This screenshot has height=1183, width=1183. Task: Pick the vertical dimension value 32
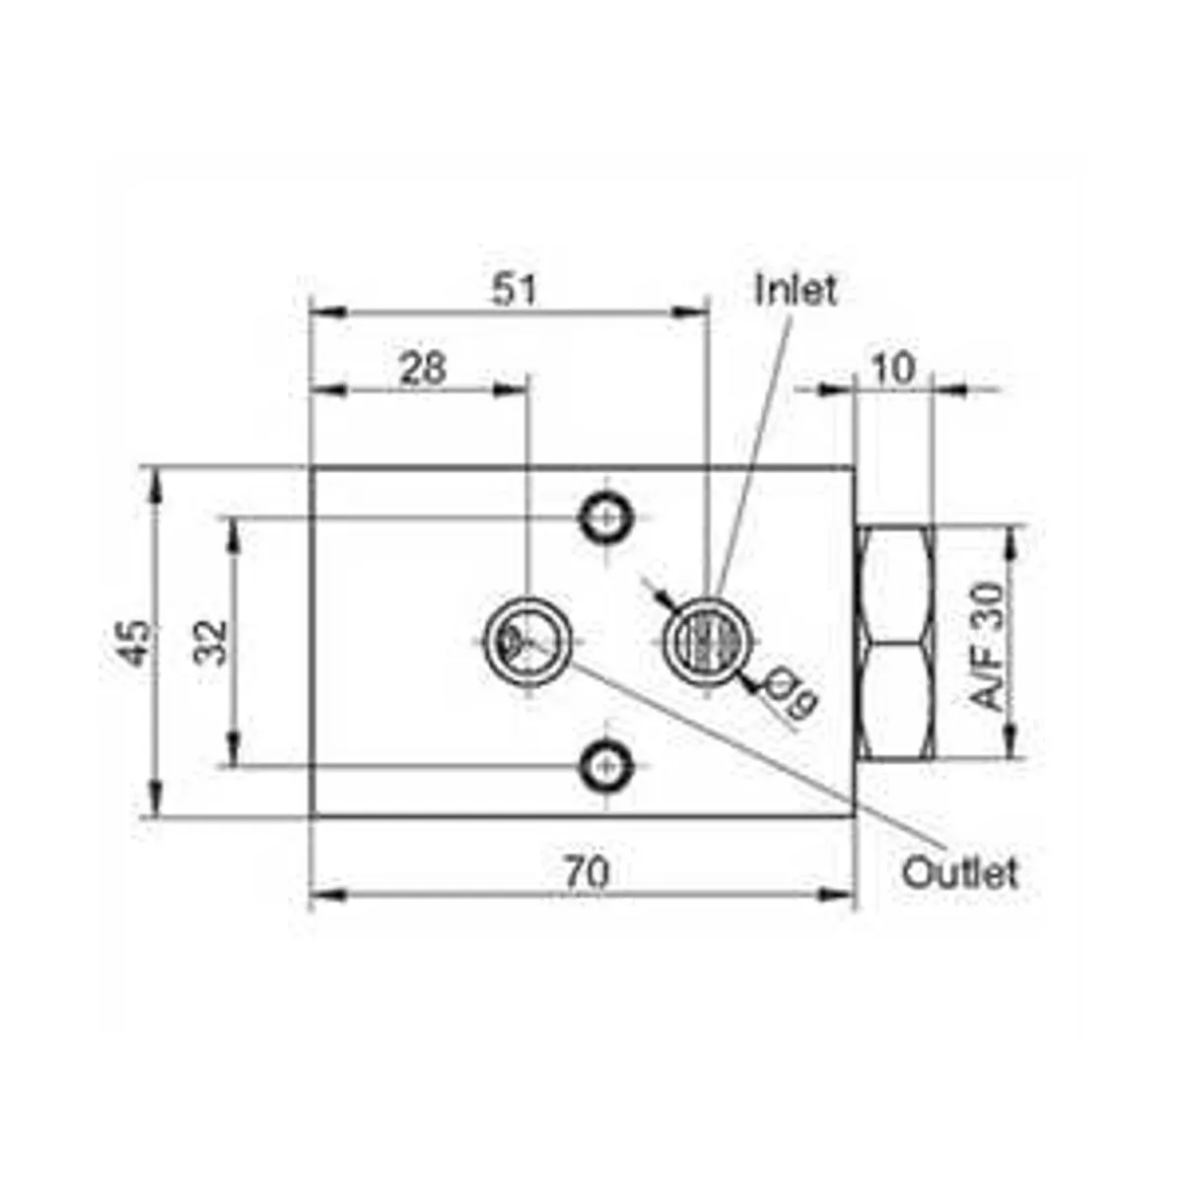click(x=211, y=642)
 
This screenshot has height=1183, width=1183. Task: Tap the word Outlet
click(x=959, y=872)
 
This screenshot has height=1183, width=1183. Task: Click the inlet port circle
click(x=705, y=639)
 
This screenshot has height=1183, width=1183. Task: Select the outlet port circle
click(x=528, y=639)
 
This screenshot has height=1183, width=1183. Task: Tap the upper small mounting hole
click(x=604, y=516)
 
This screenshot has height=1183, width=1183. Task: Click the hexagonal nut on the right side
click(x=894, y=642)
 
